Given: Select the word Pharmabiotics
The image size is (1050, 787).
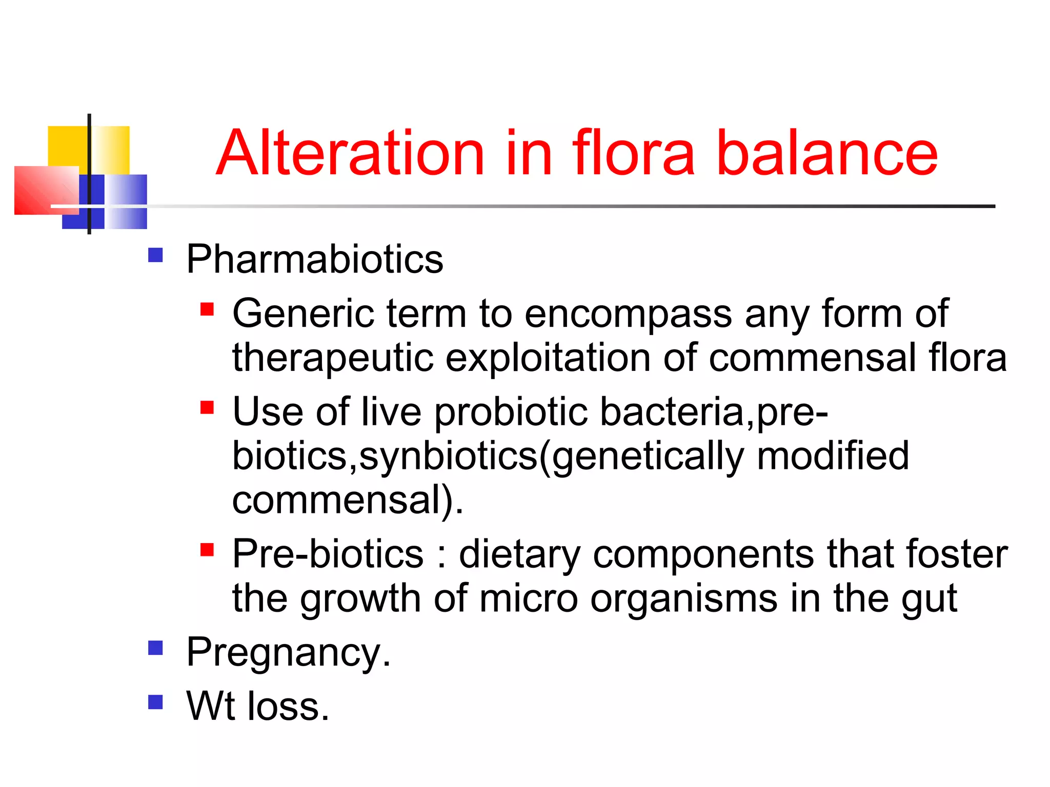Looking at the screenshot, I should pyautogui.click(x=314, y=259).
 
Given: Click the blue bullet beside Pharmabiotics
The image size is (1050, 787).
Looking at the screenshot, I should pyautogui.click(x=155, y=255).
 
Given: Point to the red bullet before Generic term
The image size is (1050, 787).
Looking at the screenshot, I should pyautogui.click(x=207, y=309).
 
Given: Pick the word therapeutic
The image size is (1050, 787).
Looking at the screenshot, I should pyautogui.click(x=333, y=358).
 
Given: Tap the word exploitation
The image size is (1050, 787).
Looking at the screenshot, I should pyautogui.click(x=548, y=358).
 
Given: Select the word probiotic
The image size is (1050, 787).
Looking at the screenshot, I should pyautogui.click(x=511, y=411).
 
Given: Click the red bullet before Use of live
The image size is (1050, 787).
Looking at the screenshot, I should pyautogui.click(x=207, y=408).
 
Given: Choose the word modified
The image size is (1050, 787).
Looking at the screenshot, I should pyautogui.click(x=833, y=455).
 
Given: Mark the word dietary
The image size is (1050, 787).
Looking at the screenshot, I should pyautogui.click(x=519, y=554).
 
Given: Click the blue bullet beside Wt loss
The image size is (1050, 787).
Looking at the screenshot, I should pyautogui.click(x=155, y=702).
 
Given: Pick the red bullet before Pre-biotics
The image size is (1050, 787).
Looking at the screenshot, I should pyautogui.click(x=207, y=550).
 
